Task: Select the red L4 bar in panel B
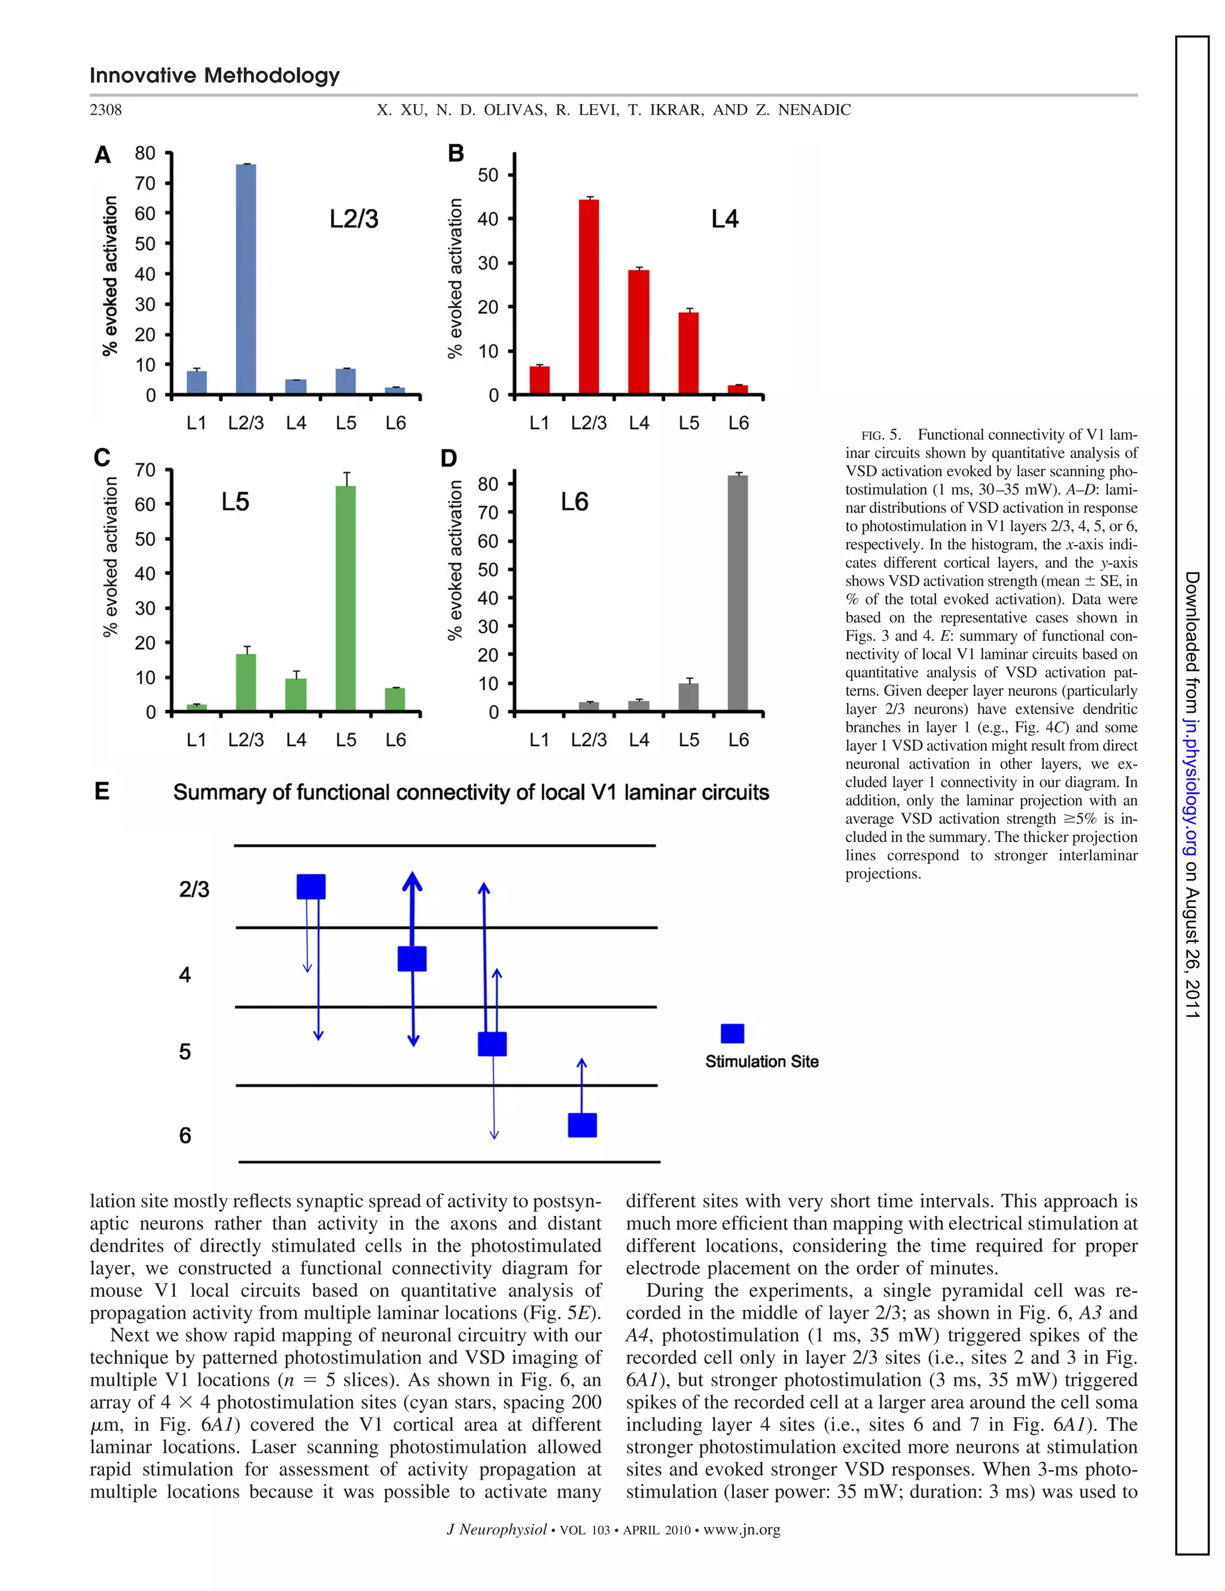point(638,332)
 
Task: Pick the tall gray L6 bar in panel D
point(737,593)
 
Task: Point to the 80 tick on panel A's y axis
point(145,153)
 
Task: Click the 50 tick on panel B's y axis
point(488,175)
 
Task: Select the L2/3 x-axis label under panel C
point(246,740)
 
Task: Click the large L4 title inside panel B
point(725,219)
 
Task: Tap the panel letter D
point(449,459)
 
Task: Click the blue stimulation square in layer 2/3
point(311,887)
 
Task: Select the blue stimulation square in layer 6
point(582,1125)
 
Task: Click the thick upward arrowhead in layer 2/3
point(412,882)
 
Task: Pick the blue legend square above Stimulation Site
point(732,1034)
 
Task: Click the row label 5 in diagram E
point(185,1052)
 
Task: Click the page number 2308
point(106,110)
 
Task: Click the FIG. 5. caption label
point(880,436)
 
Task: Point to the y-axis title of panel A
point(110,276)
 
